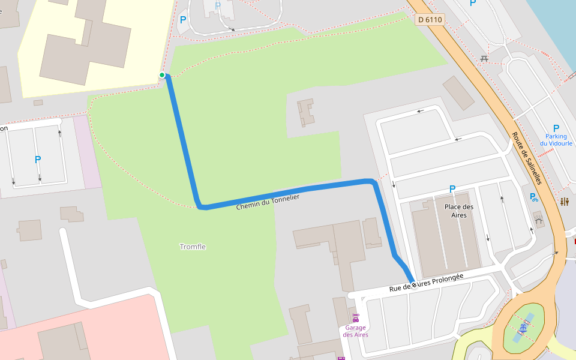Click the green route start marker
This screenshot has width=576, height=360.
point(162,75)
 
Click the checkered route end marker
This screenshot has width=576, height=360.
point(413,284)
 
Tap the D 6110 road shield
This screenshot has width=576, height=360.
point(430,20)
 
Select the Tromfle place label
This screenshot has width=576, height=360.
point(193,247)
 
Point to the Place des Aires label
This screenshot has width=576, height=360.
point(459,211)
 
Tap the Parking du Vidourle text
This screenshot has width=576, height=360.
point(556,140)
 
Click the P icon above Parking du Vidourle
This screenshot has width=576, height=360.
point(556,128)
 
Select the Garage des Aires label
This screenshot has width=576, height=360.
point(356,331)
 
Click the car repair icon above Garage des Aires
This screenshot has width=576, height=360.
point(356,317)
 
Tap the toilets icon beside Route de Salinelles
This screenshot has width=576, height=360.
point(564,202)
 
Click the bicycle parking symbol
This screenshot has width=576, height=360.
point(533,197)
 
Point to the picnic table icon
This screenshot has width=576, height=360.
point(484,58)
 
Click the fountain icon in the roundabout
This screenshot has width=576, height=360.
point(524,328)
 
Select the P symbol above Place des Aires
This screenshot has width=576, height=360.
point(452,190)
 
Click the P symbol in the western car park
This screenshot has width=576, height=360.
point(38,160)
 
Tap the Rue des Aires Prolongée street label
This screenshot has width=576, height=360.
point(426,283)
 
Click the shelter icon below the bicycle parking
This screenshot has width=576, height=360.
point(538,220)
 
